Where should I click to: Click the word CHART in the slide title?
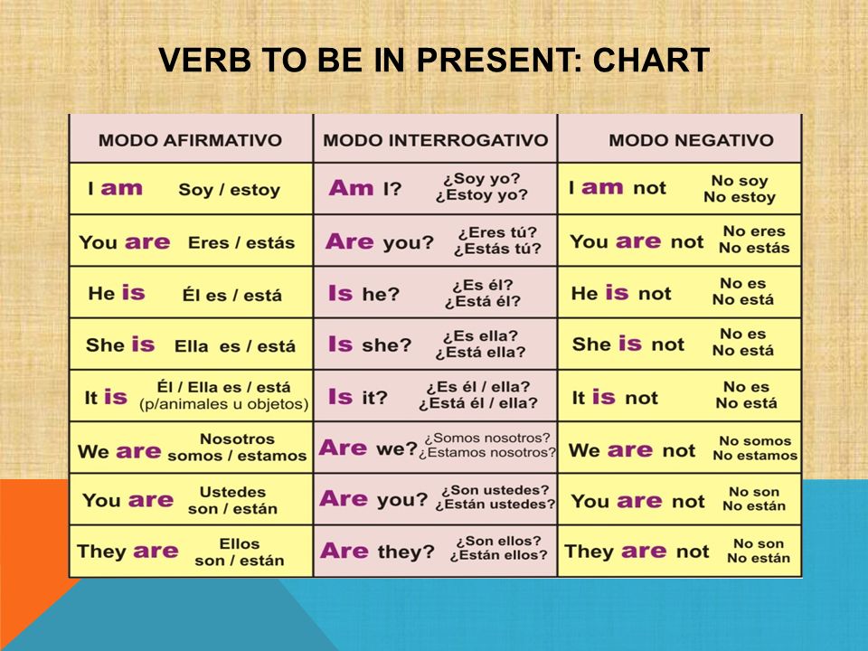(x=651, y=60)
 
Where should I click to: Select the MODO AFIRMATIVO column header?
(x=190, y=140)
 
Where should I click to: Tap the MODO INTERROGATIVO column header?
(x=436, y=140)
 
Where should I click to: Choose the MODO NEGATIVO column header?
(x=691, y=140)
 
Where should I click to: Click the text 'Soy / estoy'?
(x=229, y=190)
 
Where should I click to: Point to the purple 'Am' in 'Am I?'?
(x=351, y=188)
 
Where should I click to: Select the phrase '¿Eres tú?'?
(x=497, y=232)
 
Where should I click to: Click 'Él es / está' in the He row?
(x=232, y=295)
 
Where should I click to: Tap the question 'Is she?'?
(x=370, y=344)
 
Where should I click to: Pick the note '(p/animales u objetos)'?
(x=223, y=404)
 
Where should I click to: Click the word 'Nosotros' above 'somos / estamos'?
(x=237, y=439)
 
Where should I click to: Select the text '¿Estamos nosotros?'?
(x=487, y=453)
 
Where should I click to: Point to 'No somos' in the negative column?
(x=755, y=441)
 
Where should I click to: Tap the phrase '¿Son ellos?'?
(x=498, y=541)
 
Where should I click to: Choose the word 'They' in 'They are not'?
(x=589, y=552)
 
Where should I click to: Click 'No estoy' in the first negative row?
(x=740, y=197)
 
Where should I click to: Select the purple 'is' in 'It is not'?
(x=603, y=397)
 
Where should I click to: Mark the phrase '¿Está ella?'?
(x=480, y=352)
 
